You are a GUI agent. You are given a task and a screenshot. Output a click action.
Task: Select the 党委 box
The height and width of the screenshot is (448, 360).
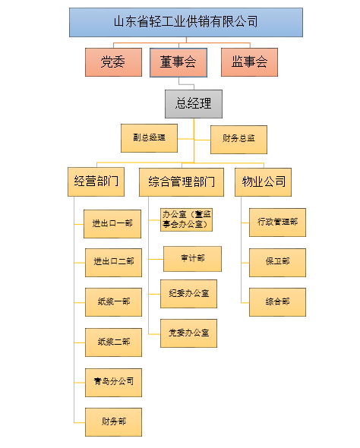(x=113, y=62)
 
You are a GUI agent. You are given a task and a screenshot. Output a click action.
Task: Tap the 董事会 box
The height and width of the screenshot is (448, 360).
(x=179, y=62)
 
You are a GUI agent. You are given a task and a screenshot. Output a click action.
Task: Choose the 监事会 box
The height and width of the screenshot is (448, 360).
(x=249, y=62)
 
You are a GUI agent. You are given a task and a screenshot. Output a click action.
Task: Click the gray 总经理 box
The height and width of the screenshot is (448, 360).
(x=194, y=103)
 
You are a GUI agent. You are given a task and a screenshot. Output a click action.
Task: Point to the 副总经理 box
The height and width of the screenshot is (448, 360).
(x=148, y=138)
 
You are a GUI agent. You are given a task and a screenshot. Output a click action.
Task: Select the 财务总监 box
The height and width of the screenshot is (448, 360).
(x=238, y=138)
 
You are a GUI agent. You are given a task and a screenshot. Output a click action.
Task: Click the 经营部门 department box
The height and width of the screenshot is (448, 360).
(x=96, y=181)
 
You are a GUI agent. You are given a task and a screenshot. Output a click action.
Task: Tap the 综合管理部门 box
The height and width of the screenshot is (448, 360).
(x=182, y=181)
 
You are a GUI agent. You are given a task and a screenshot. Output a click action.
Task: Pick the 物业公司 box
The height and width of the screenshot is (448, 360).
(x=264, y=181)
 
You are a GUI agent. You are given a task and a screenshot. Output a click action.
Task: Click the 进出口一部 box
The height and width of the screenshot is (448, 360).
(x=113, y=223)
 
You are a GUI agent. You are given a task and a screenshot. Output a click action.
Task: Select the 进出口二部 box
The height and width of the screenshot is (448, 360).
(x=113, y=261)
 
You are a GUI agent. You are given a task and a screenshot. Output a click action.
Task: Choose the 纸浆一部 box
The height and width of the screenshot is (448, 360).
(x=113, y=301)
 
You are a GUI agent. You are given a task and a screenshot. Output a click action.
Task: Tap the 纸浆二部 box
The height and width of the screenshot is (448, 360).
(x=113, y=342)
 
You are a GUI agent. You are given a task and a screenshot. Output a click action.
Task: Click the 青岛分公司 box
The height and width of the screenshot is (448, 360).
(x=113, y=381)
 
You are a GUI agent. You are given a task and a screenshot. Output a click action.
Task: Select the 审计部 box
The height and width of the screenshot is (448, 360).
(x=192, y=258)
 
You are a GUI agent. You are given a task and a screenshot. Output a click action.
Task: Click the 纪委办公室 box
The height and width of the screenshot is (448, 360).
(x=188, y=293)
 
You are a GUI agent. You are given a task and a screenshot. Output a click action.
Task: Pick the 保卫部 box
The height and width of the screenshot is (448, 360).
(x=277, y=261)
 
